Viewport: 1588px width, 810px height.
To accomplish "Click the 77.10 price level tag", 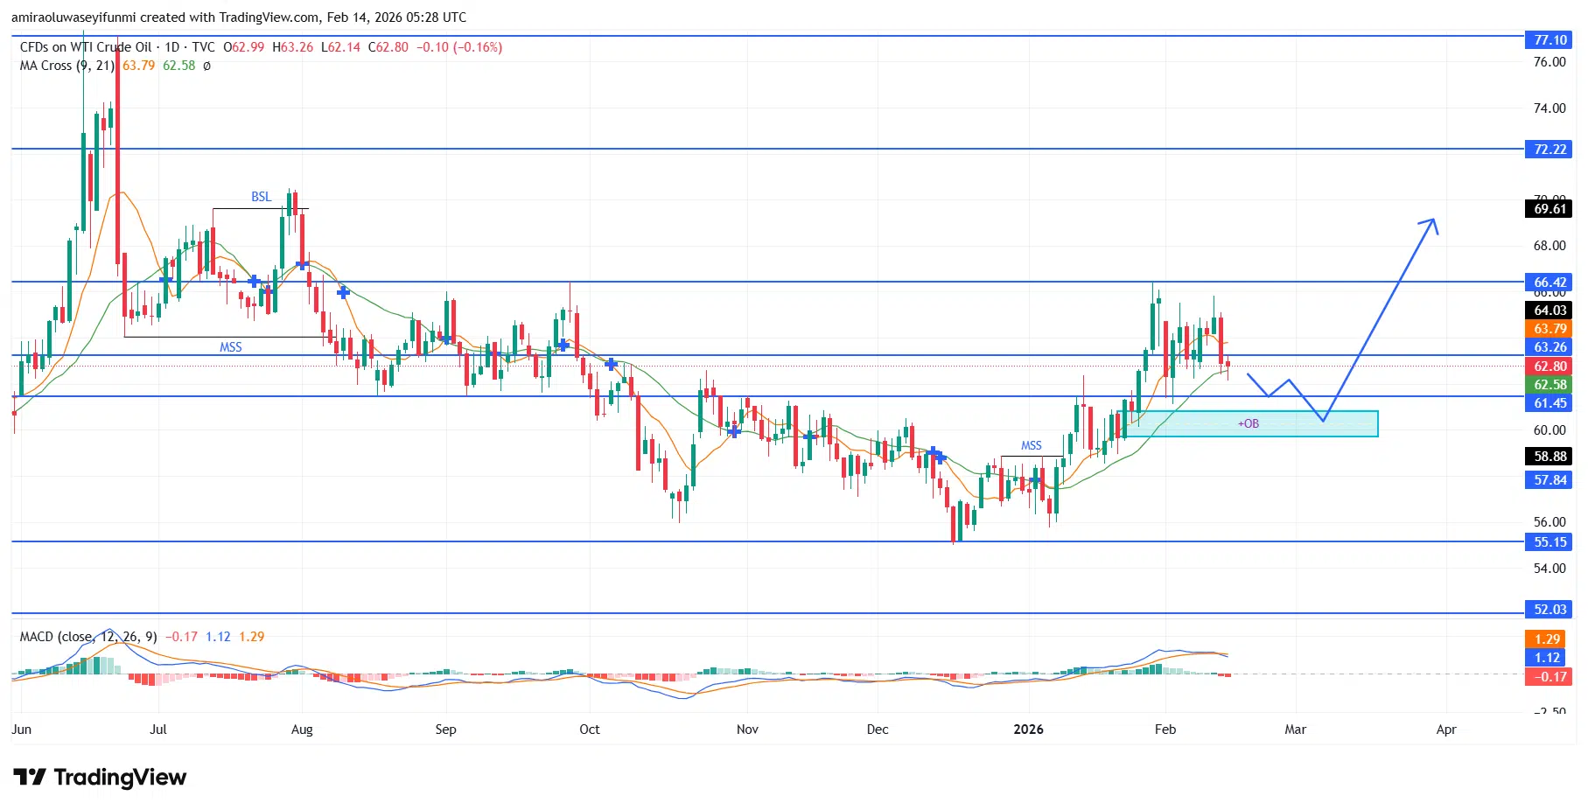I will pyautogui.click(x=1550, y=40).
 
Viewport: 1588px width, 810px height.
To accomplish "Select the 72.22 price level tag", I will pyautogui.click(x=1550, y=150).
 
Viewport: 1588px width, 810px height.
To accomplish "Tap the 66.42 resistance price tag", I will pyautogui.click(x=1550, y=283).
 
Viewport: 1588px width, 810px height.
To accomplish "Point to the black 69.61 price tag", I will pyautogui.click(x=1550, y=209).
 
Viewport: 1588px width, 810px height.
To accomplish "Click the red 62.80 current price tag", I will pyautogui.click(x=1550, y=367).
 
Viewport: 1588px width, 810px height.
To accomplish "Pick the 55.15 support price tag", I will pyautogui.click(x=1550, y=542).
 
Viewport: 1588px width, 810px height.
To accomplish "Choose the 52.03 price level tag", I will pyautogui.click(x=1550, y=610).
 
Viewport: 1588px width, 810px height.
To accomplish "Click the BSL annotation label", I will pyautogui.click(x=261, y=197).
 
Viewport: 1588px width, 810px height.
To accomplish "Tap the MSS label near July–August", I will pyautogui.click(x=231, y=347).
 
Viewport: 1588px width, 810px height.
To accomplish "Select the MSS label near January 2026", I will pyautogui.click(x=1032, y=445).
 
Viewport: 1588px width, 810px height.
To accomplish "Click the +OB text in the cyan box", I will pyautogui.click(x=1249, y=424).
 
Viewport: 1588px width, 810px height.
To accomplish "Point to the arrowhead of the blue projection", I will pyautogui.click(x=1432, y=222).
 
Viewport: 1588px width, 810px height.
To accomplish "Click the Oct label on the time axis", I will pyautogui.click(x=590, y=730).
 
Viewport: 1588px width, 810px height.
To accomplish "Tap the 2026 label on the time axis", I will pyautogui.click(x=1028, y=730).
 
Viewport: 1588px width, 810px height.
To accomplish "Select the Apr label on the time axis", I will pyautogui.click(x=1446, y=730).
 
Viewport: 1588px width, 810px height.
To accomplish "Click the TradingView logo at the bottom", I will pyautogui.click(x=100, y=778).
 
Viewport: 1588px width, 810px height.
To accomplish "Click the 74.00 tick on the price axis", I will pyautogui.click(x=1550, y=108).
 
